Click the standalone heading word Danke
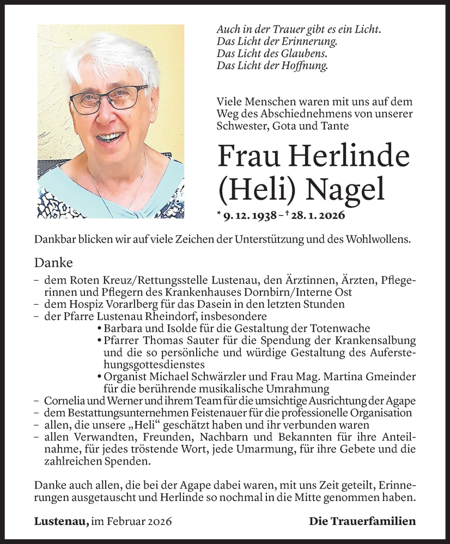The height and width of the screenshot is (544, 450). pyautogui.click(x=53, y=263)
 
